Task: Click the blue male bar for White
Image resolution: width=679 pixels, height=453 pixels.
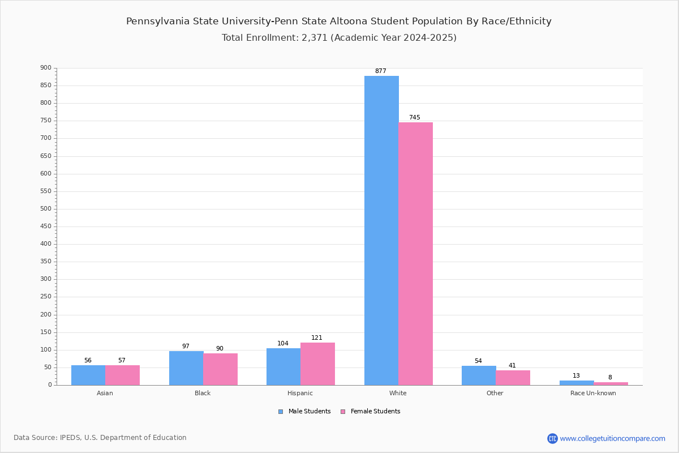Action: [x=381, y=230]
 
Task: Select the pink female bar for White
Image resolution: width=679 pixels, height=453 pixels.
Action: [x=415, y=254]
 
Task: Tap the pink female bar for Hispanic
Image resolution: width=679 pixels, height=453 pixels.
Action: [x=317, y=364]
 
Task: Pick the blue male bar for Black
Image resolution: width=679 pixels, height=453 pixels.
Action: [x=186, y=368]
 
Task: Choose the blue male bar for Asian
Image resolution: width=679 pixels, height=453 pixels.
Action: [x=88, y=375]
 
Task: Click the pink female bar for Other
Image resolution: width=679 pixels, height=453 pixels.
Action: [x=513, y=378]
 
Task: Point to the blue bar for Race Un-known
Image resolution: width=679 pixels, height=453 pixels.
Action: [x=577, y=383]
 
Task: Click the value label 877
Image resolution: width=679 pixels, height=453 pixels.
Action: [x=381, y=71]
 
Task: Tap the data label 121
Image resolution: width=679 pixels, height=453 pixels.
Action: [x=317, y=337]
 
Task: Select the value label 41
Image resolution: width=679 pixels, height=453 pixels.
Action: [x=512, y=365]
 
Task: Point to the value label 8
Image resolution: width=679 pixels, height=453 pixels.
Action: [x=610, y=377]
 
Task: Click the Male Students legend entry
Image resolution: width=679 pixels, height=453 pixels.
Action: [x=304, y=411]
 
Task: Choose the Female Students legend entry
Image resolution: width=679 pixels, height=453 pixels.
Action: [x=371, y=411]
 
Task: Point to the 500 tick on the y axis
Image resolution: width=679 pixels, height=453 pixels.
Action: [x=46, y=209]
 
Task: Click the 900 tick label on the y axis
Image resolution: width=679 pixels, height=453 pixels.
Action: [x=46, y=67]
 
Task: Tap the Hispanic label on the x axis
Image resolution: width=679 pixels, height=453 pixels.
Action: [x=300, y=393]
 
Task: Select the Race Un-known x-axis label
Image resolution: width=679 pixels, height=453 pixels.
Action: [x=593, y=393]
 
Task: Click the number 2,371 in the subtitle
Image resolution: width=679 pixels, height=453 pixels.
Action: [x=315, y=37]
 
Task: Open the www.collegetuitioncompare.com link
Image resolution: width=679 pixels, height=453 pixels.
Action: [x=612, y=438]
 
